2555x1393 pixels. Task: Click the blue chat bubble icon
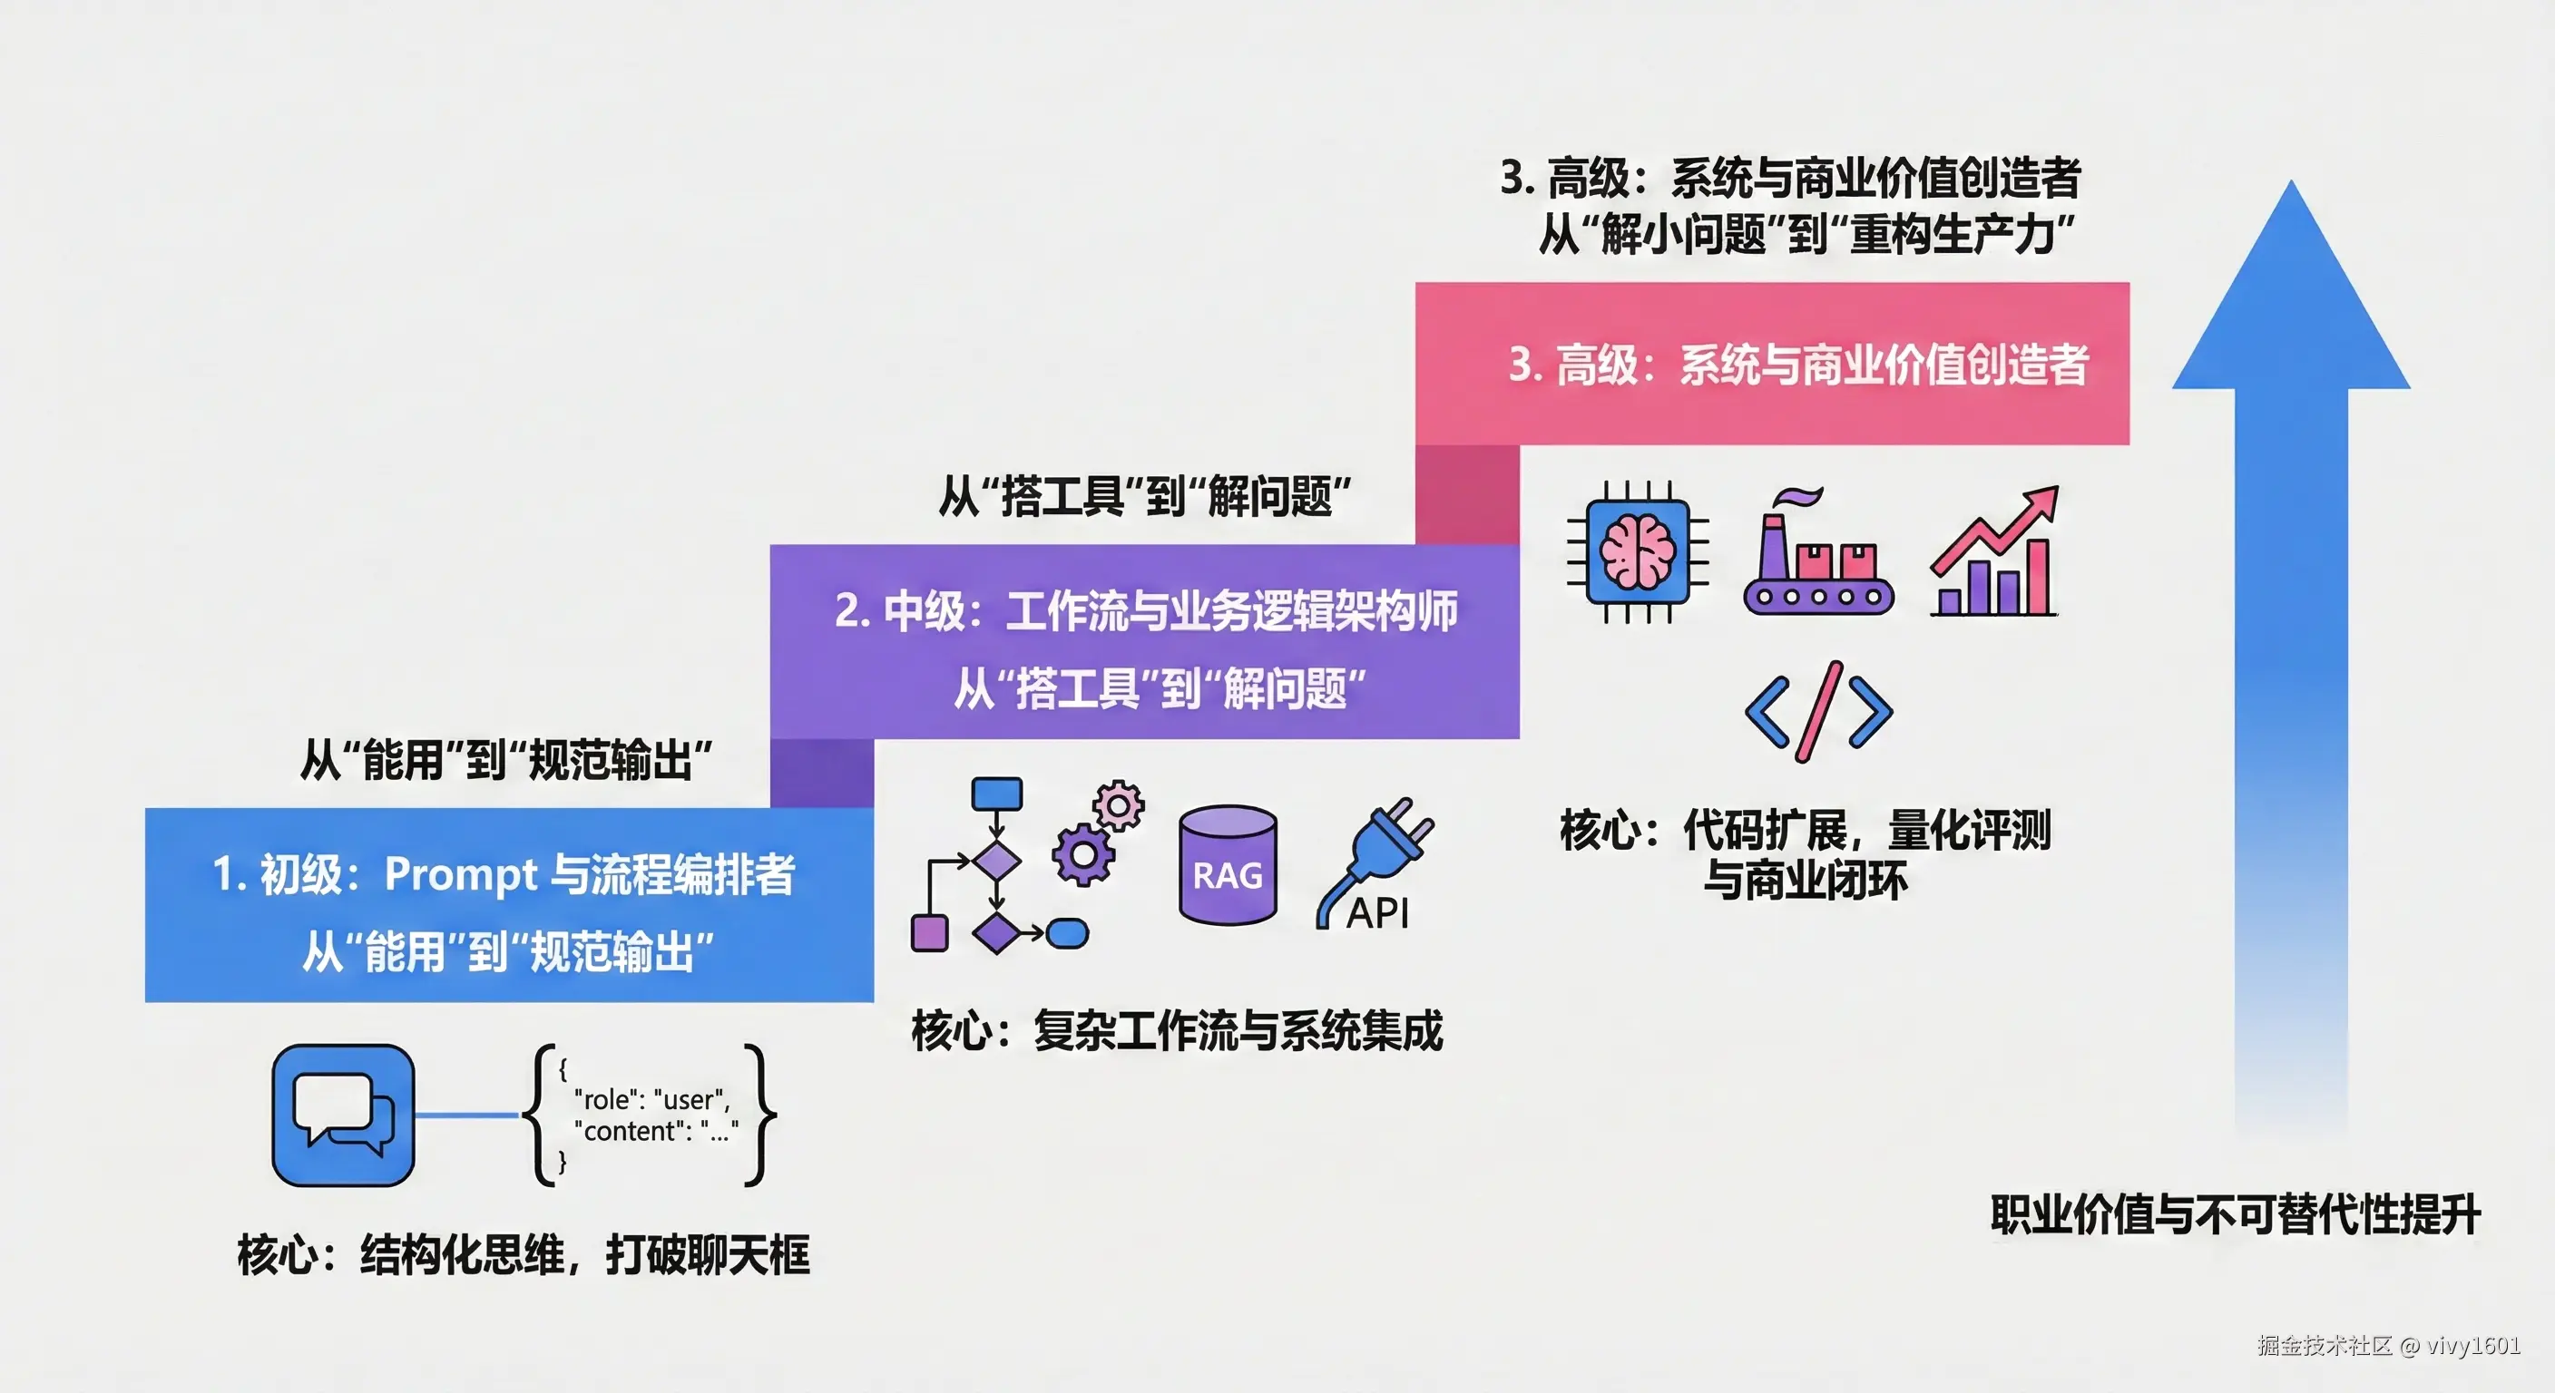tap(343, 1115)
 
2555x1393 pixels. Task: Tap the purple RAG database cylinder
tap(1228, 864)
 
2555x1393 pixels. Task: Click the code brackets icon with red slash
tap(1818, 712)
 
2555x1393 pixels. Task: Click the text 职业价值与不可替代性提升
tap(2236, 1214)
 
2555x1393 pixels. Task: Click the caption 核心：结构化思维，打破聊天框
tap(524, 1254)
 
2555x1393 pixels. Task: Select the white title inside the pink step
tap(1798, 364)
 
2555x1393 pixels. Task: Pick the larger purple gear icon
tap(1082, 853)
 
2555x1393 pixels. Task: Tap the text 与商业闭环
tap(1806, 881)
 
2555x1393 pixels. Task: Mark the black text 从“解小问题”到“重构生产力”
tap(1806, 235)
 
